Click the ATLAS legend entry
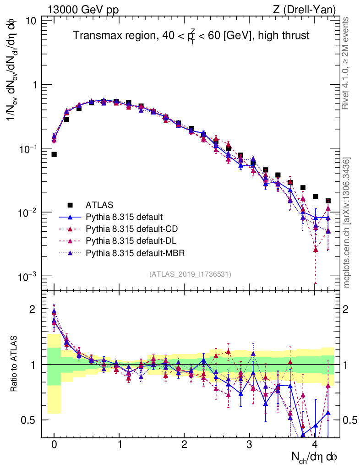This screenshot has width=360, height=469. click(99, 205)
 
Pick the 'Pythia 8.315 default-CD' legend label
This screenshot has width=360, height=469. click(130, 229)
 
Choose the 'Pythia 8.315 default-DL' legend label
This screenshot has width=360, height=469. click(130, 240)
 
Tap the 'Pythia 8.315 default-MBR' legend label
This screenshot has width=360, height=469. click(132, 252)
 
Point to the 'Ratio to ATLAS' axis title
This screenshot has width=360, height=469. click(15, 365)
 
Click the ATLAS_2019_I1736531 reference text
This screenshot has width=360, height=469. click(190, 274)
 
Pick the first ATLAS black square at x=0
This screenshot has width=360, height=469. click(54, 154)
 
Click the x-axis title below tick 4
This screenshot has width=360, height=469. click(315, 457)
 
